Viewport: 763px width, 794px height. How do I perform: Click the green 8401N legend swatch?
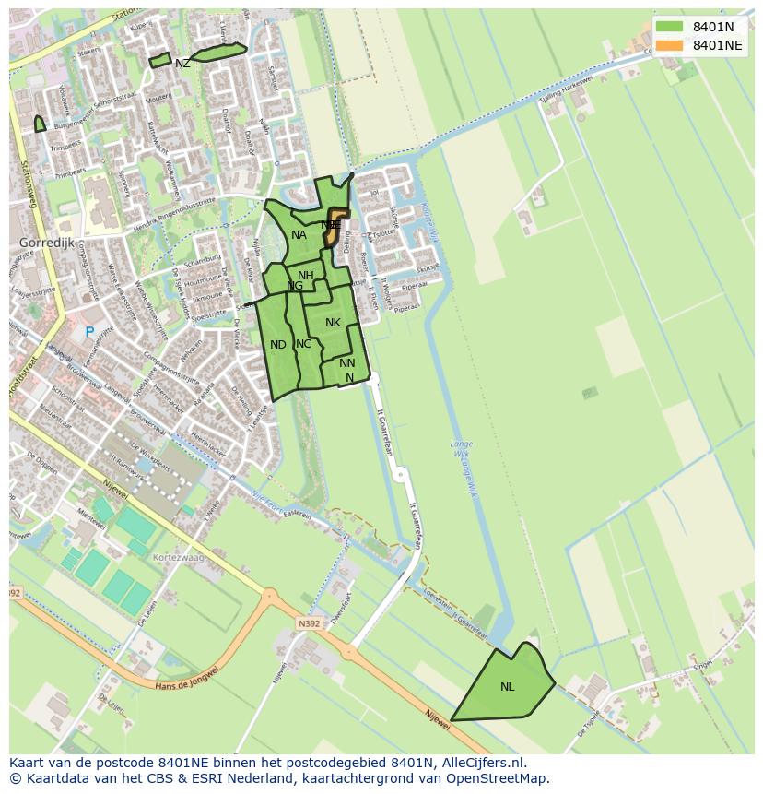pos(670,27)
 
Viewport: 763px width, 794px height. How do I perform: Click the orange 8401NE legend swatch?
pos(670,45)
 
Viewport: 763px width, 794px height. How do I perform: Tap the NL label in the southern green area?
pos(508,687)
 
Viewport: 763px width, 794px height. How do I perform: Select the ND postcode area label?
pos(278,345)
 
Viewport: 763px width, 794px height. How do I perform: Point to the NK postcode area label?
pos(333,323)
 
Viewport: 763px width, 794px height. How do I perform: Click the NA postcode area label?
pos(299,235)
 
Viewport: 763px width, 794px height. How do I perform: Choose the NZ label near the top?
pos(182,64)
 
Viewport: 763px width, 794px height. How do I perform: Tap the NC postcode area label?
pos(303,344)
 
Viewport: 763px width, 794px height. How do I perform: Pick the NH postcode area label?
pos(305,276)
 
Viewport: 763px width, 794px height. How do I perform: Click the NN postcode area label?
pos(346,363)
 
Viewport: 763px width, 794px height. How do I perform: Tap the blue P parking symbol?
pos(89,332)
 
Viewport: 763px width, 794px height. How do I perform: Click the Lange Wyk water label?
pos(462,449)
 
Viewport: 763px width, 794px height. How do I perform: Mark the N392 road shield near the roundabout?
pos(308,623)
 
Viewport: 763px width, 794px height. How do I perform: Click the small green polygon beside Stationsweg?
pos(40,124)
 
